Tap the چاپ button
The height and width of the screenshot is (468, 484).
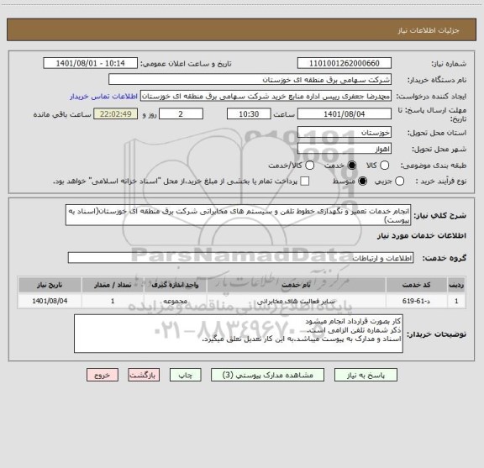(x=187, y=376)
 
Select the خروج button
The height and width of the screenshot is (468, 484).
(x=99, y=376)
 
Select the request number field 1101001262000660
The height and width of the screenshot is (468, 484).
(x=345, y=63)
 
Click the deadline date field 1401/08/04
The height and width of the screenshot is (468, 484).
(x=345, y=113)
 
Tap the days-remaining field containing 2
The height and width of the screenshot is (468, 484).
(x=181, y=113)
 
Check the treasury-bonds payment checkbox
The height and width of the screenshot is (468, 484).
(x=305, y=181)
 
